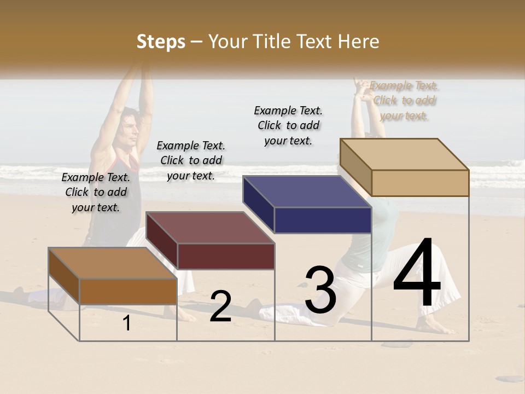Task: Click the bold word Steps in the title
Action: point(161,42)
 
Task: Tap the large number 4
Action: point(417,274)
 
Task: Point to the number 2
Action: point(220,306)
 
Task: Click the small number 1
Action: point(126,323)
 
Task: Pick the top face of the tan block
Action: point(404,154)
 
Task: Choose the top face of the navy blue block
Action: point(307,192)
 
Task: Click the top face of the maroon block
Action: point(210,228)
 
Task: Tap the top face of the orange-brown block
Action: point(113,263)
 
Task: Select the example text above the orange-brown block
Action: point(96,193)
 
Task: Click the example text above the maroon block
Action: point(191,161)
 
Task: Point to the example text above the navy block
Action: point(288,125)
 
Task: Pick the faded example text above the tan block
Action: point(404,101)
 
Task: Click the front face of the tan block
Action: point(420,183)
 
